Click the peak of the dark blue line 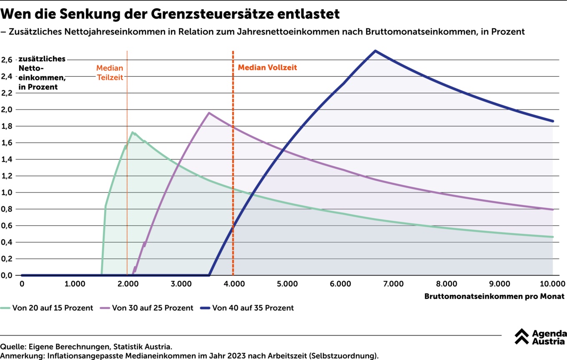coord(375,51)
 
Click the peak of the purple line coord(209,113)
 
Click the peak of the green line coord(133,132)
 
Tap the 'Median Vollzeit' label coord(267,67)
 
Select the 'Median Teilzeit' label coord(110,72)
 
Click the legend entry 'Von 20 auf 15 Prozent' coord(53,308)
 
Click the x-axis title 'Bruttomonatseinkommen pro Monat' coord(494,297)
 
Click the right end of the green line coord(553,237)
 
